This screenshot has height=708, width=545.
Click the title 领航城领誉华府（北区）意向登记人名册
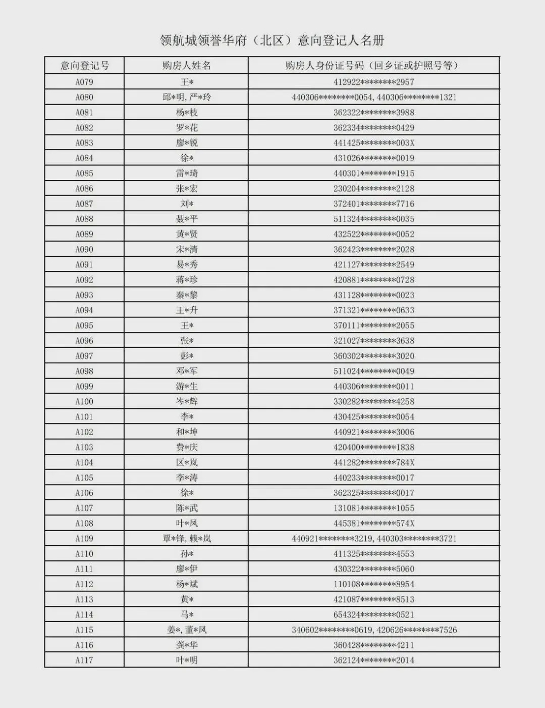[272, 40]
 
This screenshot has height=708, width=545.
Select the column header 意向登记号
[84, 66]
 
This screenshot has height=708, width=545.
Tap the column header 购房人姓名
[186, 66]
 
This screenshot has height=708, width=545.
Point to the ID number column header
[373, 66]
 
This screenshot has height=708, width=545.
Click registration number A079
[84, 82]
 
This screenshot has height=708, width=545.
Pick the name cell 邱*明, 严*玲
[186, 97]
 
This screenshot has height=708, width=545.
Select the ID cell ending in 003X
[373, 143]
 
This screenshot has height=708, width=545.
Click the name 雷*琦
[186, 173]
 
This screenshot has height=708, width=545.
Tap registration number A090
[84, 250]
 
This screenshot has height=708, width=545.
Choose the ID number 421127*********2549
[373, 265]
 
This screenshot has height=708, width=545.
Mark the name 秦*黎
[186, 295]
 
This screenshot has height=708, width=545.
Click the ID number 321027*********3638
[373, 341]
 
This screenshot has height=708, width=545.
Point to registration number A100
[84, 402]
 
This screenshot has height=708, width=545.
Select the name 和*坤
[186, 432]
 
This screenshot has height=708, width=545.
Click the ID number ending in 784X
[373, 462]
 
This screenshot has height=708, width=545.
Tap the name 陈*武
[186, 508]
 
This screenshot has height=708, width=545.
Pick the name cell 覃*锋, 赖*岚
[186, 539]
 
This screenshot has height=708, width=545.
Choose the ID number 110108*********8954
[373, 584]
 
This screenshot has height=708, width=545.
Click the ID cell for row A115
[373, 630]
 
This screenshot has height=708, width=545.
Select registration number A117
[84, 660]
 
